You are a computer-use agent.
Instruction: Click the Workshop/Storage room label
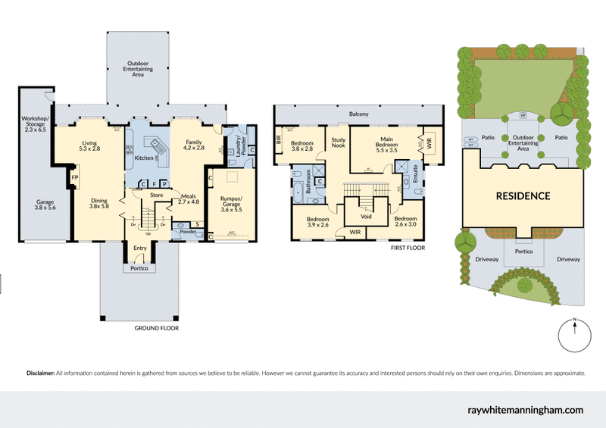pyautogui.click(x=36, y=124)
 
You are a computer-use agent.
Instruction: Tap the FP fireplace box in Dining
pyautogui.click(x=75, y=177)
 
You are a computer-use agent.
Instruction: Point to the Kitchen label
pyautogui.click(x=144, y=158)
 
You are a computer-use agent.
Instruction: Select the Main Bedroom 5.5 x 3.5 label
pyautogui.click(x=386, y=145)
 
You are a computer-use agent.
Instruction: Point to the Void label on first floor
pyautogui.click(x=367, y=215)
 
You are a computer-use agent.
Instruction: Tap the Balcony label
pyautogui.click(x=358, y=114)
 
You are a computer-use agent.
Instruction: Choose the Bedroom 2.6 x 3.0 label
pyautogui.click(x=405, y=221)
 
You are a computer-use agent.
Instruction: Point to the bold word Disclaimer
pyautogui.click(x=41, y=373)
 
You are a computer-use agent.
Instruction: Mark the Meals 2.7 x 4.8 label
pyautogui.click(x=187, y=198)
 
